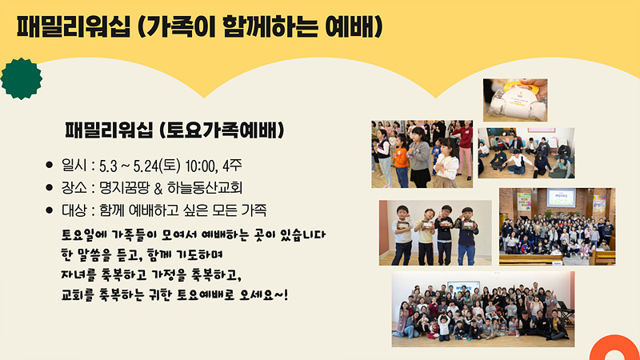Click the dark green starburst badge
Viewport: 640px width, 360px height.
coord(22,78)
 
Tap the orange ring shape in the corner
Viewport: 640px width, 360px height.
coord(601,348)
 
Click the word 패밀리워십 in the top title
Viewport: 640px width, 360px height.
coord(74,27)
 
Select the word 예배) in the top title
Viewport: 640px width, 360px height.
coord(354,27)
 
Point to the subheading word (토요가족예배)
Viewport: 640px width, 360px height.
coord(221,130)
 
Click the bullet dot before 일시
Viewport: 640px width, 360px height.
coord(50,165)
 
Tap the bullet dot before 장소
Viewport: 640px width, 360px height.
coord(50,187)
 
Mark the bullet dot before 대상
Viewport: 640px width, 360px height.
coord(50,210)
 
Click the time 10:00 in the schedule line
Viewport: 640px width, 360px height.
coord(201,166)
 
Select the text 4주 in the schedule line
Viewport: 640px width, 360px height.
coord(232,166)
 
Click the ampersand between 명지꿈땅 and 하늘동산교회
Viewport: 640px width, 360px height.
coord(158,188)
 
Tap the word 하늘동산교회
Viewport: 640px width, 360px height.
coord(205,188)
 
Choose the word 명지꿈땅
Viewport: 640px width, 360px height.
coord(125,188)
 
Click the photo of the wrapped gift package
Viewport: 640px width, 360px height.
coord(515,100)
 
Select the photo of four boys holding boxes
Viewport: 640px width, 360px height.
coord(435,233)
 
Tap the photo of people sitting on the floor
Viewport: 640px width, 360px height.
coord(526,153)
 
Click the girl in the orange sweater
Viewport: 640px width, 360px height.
coord(401,162)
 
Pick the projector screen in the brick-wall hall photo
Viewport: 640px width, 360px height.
coord(562,198)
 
